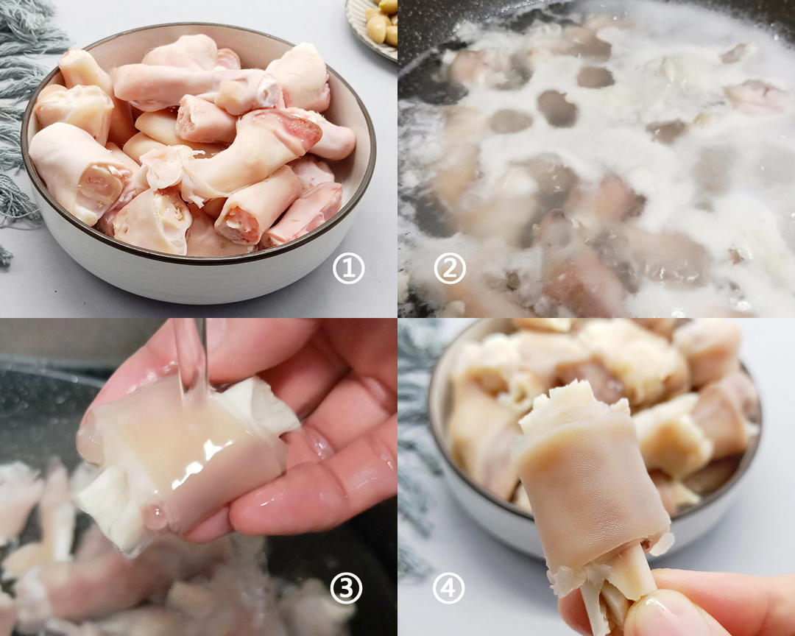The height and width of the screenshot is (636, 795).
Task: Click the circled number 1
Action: [349, 270]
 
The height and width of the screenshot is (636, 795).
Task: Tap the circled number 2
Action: [449, 270]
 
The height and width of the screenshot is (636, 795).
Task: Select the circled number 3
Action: [345, 588]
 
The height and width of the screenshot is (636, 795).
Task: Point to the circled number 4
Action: [449, 588]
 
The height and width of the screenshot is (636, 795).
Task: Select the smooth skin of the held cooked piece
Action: [589, 486]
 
